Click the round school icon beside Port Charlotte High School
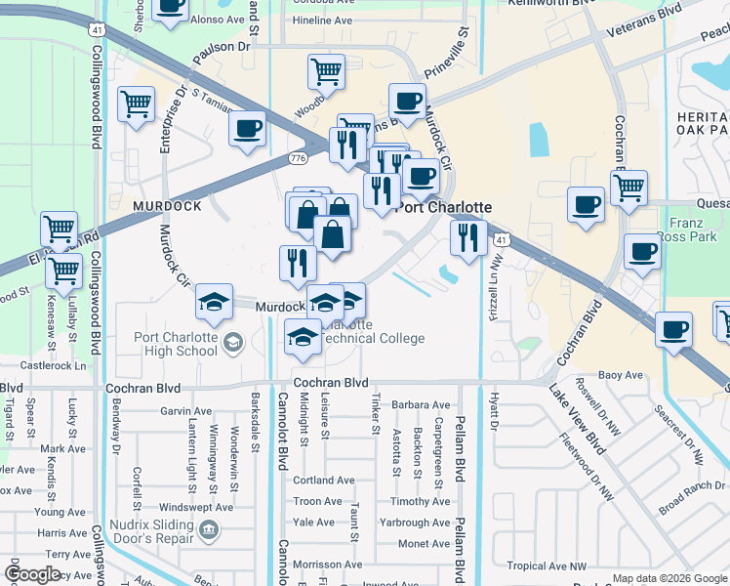click(232, 342)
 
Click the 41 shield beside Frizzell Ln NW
click(501, 239)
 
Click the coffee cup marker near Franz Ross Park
click(642, 250)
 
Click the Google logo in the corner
click(33, 575)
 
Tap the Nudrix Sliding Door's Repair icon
click(208, 530)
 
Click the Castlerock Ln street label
click(53, 365)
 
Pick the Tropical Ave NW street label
click(547, 566)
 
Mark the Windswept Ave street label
click(196, 508)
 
